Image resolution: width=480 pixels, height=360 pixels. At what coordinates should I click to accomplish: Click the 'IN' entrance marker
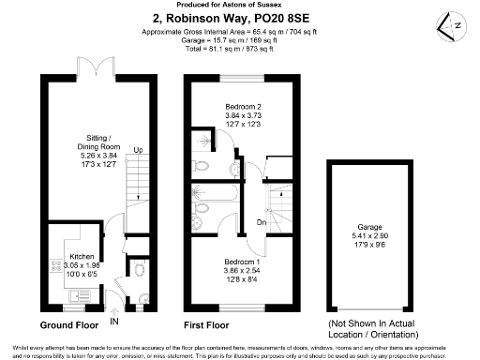114,322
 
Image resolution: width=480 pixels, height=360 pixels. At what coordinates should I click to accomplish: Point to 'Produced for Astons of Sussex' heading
239,6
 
